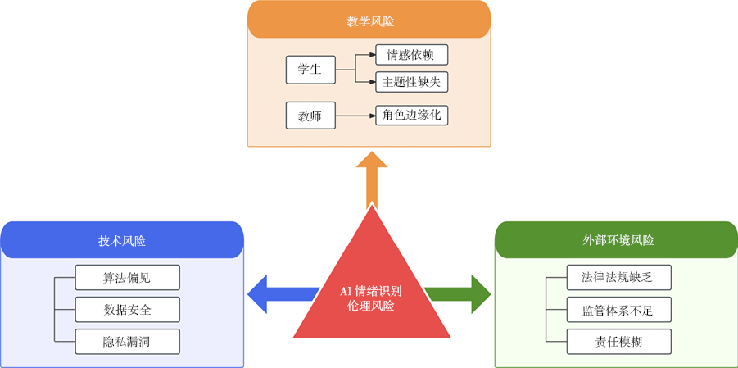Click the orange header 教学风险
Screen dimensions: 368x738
click(x=369, y=20)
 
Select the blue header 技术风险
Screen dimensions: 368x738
click(x=122, y=240)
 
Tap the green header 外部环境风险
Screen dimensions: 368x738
click(x=617, y=240)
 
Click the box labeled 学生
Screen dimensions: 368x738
click(x=310, y=70)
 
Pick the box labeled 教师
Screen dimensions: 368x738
click(x=310, y=116)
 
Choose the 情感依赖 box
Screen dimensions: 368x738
click(x=411, y=56)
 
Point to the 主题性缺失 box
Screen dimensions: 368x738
click(x=411, y=82)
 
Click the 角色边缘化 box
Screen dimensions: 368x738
click(x=411, y=116)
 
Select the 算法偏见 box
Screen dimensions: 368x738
click(x=126, y=278)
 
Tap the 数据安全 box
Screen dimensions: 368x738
click(x=126, y=309)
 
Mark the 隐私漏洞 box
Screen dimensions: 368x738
click(x=126, y=341)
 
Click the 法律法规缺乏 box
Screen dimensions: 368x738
click(x=619, y=278)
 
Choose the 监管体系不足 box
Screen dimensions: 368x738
click(x=619, y=309)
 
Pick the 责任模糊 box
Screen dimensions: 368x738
click(x=619, y=341)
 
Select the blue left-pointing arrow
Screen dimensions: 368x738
click(x=278, y=293)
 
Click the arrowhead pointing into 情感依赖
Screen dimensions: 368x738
click(x=370, y=56)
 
